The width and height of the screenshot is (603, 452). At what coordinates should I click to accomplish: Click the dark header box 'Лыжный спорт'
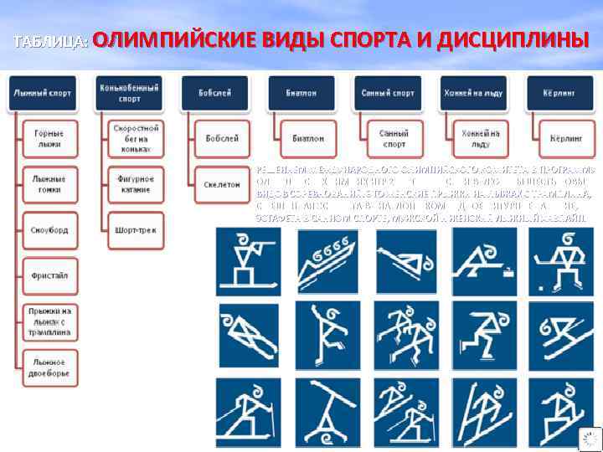pyautogui.click(x=43, y=93)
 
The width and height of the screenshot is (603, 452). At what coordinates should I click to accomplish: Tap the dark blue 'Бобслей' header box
pyautogui.click(x=215, y=93)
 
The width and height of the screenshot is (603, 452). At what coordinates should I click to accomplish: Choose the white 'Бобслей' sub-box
pyautogui.click(x=222, y=138)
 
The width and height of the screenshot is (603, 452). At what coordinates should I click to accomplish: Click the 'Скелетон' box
pyautogui.click(x=222, y=184)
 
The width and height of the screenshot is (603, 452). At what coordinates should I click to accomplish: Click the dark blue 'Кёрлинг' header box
pyautogui.click(x=556, y=93)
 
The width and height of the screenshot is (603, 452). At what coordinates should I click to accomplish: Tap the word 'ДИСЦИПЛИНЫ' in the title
pyautogui.click(x=502, y=39)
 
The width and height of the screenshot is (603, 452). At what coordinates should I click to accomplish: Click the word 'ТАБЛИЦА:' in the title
pyautogui.click(x=50, y=42)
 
